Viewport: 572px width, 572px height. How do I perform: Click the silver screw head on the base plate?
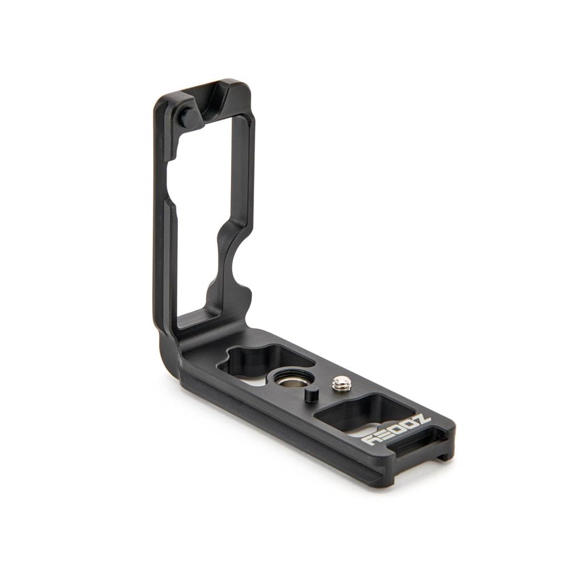click(341, 383)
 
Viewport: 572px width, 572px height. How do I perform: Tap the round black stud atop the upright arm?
click(189, 118)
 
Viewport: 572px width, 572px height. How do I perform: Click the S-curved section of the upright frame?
click(226, 257)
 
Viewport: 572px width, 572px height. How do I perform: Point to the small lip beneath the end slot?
click(444, 455)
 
